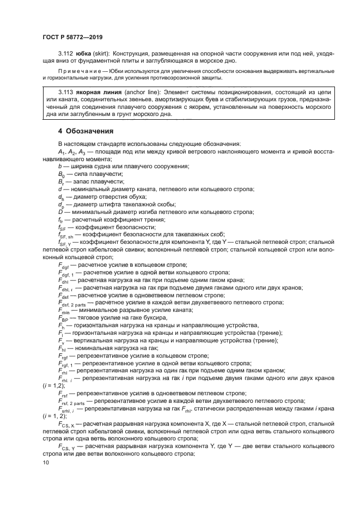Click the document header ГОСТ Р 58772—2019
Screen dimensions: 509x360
pos(74,37)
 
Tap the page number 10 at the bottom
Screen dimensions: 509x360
pos(46,463)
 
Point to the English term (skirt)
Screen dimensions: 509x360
pos(104,55)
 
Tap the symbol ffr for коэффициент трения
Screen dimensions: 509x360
pos(61,219)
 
